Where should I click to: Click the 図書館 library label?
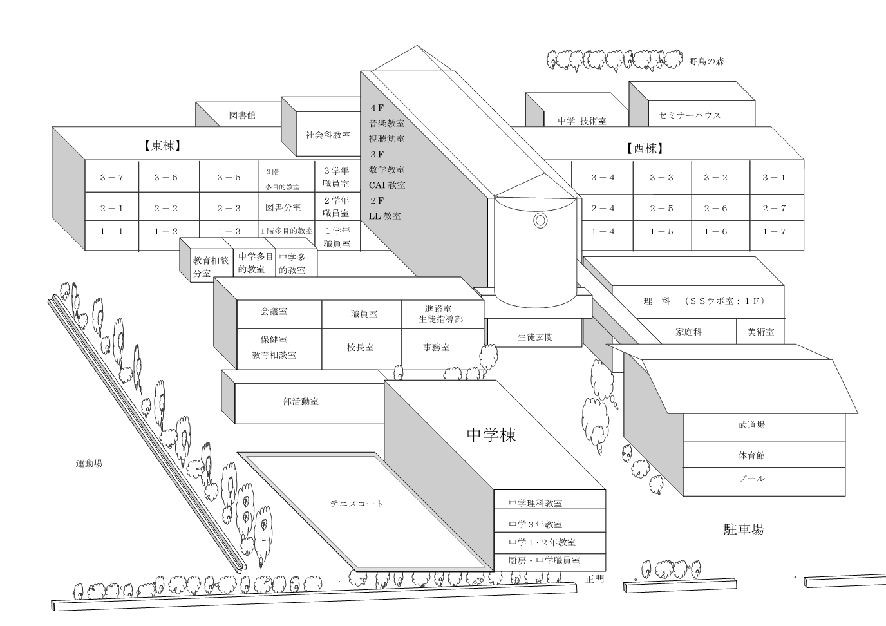[x=242, y=115]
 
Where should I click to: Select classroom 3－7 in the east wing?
[x=111, y=177]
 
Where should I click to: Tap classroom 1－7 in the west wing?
[x=774, y=231]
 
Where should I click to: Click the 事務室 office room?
[x=436, y=347]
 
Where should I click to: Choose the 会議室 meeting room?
[x=274, y=311]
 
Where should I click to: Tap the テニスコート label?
[x=357, y=504]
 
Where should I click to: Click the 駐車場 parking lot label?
[x=744, y=529]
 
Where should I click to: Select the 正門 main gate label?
[x=595, y=579]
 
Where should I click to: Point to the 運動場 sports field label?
[x=89, y=463]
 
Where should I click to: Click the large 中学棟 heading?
[x=491, y=435]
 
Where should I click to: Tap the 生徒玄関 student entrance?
[x=535, y=337]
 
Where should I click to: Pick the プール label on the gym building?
[x=751, y=479]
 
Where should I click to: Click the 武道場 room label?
[x=751, y=425]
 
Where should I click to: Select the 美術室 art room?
[x=760, y=332]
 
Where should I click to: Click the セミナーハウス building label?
[x=690, y=115]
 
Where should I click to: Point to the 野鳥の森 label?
[x=706, y=62]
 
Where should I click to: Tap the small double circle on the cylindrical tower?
[x=540, y=221]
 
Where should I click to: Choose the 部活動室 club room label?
[x=301, y=401]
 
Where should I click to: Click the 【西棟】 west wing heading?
[x=645, y=148]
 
